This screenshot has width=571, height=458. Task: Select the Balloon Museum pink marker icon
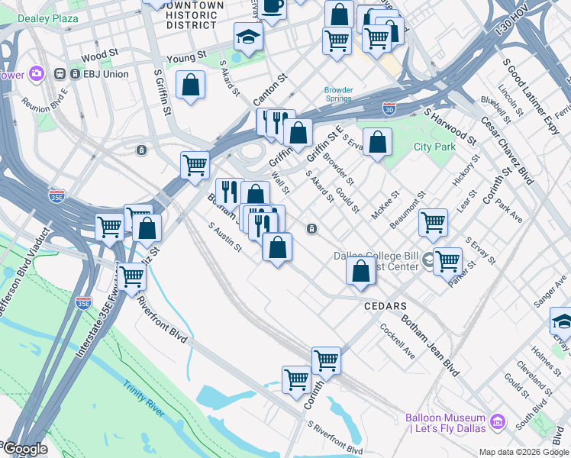click(498, 421)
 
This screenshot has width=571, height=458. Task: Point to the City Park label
click(434, 147)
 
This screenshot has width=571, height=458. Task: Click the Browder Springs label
click(338, 94)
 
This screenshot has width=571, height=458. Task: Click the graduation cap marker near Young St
click(247, 37)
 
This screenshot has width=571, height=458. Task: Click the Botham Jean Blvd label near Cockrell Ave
click(431, 347)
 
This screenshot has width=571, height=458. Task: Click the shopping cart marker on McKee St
click(433, 223)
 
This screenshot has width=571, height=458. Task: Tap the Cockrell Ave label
click(398, 344)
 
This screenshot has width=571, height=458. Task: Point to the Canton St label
click(269, 89)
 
